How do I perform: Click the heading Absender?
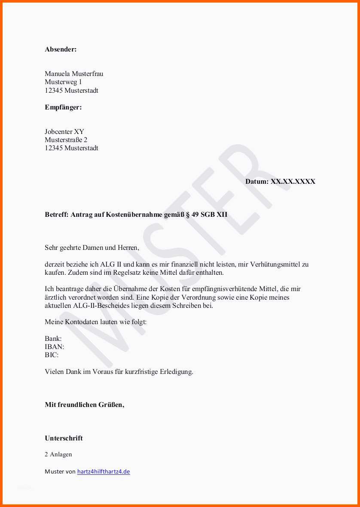(61, 49)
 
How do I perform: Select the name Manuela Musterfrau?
(74, 74)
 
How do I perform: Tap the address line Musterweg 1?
(63, 82)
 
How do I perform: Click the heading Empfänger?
(63, 107)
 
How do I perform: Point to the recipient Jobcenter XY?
(64, 132)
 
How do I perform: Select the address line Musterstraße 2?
(66, 140)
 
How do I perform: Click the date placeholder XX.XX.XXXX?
(293, 182)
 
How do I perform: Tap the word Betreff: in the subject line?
(57, 215)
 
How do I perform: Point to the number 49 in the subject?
(195, 215)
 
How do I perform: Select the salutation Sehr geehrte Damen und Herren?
(92, 248)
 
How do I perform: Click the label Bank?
(53, 339)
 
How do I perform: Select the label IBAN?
(55, 347)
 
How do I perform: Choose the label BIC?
(52, 355)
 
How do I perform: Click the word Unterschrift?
(64, 438)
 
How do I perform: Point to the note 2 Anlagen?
(58, 455)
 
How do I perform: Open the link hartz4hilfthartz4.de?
(104, 472)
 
